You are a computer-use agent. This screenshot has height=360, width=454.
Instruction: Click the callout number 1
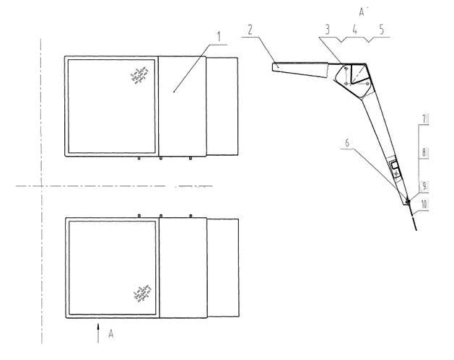[x=219, y=37]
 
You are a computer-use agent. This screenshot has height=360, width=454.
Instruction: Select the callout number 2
[x=250, y=30]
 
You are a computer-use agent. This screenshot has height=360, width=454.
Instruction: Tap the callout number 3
[x=328, y=30]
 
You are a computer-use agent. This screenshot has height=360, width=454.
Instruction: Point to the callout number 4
[x=355, y=30]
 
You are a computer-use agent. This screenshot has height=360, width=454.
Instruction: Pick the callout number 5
[x=382, y=30]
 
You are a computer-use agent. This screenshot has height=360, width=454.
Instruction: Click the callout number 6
[x=347, y=142]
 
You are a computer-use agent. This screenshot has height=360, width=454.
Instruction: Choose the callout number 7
[x=424, y=120]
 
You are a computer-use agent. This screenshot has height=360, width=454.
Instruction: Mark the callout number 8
[x=424, y=152]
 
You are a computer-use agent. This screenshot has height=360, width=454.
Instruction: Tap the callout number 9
[x=424, y=186]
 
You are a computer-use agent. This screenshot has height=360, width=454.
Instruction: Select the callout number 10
[x=424, y=205]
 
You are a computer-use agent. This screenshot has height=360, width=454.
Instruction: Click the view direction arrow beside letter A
[x=98, y=333]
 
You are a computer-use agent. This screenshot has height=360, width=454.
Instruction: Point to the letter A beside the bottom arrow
[x=111, y=334]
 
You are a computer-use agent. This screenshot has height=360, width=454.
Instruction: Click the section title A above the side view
[x=362, y=12]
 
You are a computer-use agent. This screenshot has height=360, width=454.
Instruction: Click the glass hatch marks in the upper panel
[x=139, y=75]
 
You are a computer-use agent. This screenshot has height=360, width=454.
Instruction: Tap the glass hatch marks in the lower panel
[x=142, y=293]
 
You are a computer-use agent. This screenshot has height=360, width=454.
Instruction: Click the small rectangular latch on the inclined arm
[x=394, y=166]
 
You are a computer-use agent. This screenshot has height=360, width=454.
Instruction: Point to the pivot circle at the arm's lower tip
[x=408, y=201]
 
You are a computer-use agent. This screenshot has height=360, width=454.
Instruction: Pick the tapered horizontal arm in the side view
[x=300, y=70]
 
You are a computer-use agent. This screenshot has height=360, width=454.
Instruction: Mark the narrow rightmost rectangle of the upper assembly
[x=222, y=106]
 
